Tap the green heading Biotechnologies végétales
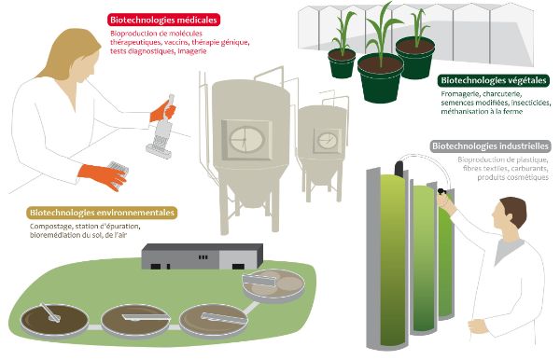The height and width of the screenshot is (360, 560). (494, 81)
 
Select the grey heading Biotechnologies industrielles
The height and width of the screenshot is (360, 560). (490, 146)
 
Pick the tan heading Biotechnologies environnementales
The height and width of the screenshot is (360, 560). (103, 213)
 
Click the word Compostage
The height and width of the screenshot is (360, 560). (51, 227)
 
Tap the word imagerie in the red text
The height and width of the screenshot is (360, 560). (189, 50)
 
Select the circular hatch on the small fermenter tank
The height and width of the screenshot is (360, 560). (328, 141)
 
